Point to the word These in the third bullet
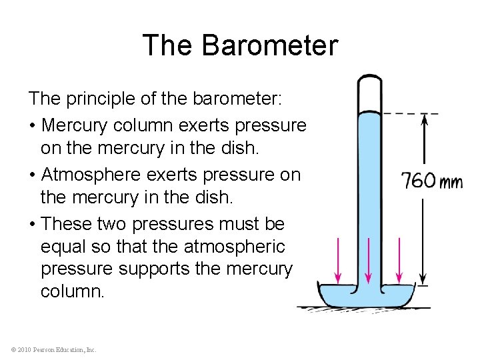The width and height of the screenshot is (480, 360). (x=69, y=223)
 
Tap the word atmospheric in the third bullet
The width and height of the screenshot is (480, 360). (x=233, y=247)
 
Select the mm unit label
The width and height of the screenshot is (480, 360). (x=451, y=181)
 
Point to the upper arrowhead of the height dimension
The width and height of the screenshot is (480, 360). (x=425, y=119)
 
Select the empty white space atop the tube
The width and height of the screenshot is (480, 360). (x=367, y=93)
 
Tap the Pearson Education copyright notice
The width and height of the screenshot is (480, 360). (x=54, y=349)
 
